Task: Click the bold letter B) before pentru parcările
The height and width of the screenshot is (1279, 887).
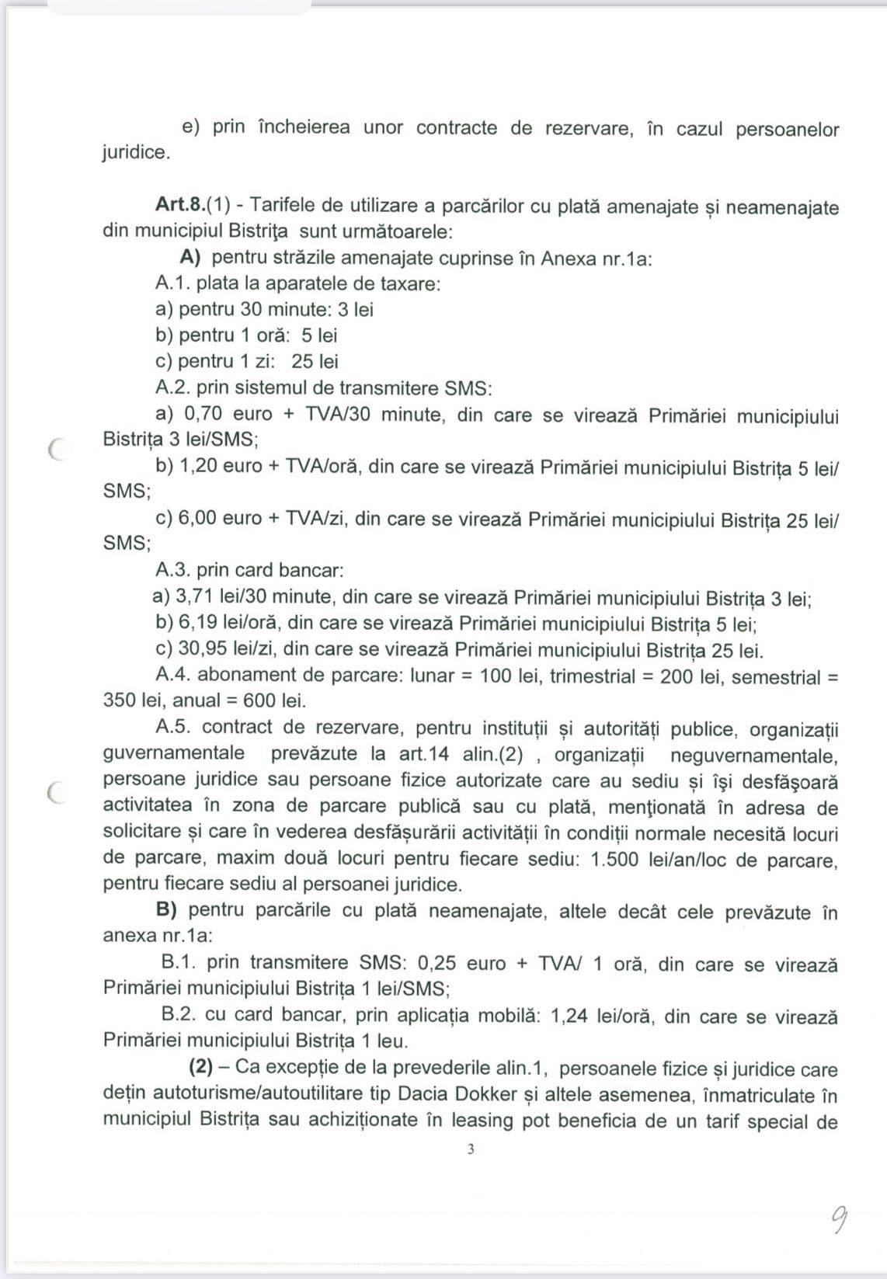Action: (x=169, y=910)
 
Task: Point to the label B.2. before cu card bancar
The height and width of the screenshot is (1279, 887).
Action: (x=179, y=1015)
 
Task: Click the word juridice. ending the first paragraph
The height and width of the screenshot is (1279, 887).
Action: (x=135, y=152)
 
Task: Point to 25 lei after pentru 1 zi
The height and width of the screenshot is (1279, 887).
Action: (x=315, y=361)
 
